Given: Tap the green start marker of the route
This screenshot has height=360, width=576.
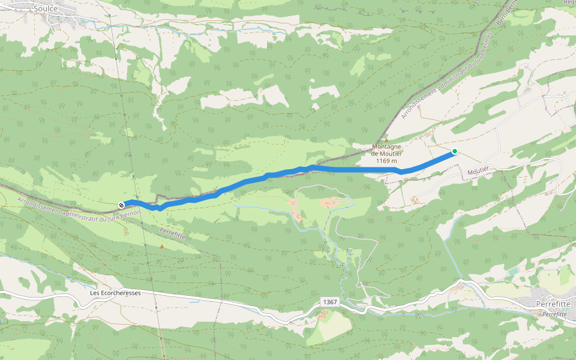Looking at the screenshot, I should pos(455,151).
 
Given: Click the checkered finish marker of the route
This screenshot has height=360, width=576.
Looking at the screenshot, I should pos(121,205).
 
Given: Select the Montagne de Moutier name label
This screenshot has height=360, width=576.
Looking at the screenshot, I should pos(387,149).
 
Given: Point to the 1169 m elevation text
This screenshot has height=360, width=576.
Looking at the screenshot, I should pos(387,161).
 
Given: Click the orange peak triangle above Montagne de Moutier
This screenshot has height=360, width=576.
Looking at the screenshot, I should pos(386,140).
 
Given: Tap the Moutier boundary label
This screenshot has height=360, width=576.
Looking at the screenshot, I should pos(479,173).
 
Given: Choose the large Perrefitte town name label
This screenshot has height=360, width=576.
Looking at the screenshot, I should pos(552,304).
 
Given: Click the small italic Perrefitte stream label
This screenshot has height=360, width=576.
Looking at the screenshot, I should pos(554,314).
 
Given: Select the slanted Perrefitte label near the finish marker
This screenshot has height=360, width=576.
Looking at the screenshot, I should pos(173,233).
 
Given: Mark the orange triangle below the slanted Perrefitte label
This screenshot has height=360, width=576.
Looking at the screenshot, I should pos(161,246).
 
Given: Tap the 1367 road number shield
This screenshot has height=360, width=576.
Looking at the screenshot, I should pos(329,301).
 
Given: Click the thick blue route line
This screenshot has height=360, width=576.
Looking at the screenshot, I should pos(348,170).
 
